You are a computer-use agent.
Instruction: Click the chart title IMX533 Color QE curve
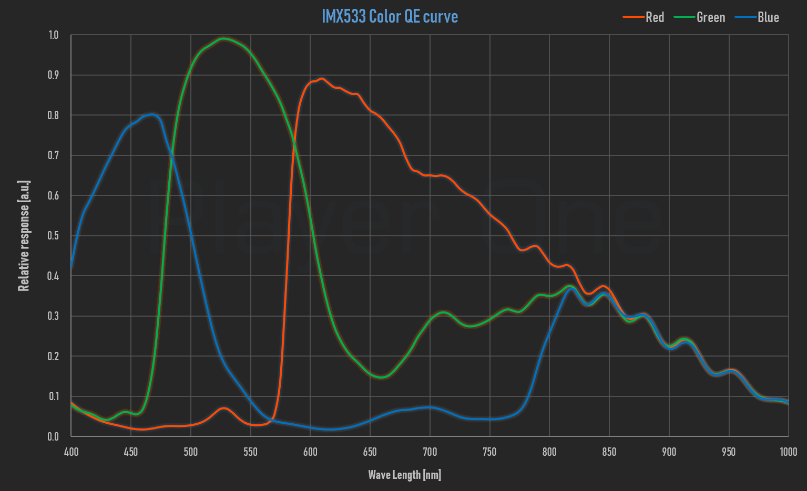[390, 16]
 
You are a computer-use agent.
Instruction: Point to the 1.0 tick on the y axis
[54, 35]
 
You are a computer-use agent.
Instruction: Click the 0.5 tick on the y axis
[54, 236]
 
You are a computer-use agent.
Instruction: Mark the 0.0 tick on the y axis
[54, 436]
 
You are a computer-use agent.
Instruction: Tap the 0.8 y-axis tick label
[54, 116]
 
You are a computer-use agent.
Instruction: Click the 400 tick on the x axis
[71, 452]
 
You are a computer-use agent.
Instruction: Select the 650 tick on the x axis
[370, 452]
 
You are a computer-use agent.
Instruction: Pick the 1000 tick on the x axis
[788, 452]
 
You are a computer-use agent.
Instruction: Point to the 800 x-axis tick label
[549, 452]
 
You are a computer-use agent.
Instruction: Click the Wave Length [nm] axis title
[404, 475]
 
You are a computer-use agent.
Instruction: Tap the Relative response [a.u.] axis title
[24, 236]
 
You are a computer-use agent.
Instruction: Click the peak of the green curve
[224, 38]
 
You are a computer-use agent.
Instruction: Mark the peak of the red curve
[322, 79]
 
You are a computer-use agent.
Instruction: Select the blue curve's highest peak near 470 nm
[152, 114]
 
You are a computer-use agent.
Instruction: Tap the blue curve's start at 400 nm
[71, 267]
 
